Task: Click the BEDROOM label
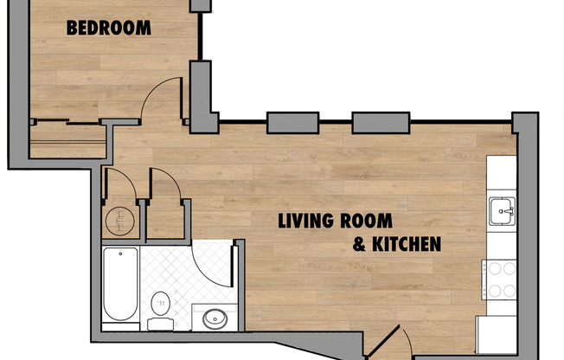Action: (x=109, y=28)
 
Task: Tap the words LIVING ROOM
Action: (x=335, y=221)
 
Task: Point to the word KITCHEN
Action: (x=406, y=244)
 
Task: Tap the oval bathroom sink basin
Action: (x=214, y=319)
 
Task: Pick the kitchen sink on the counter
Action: (x=501, y=210)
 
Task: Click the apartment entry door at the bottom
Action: (x=388, y=341)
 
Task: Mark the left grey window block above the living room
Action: (x=292, y=123)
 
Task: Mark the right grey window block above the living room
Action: (x=380, y=123)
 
